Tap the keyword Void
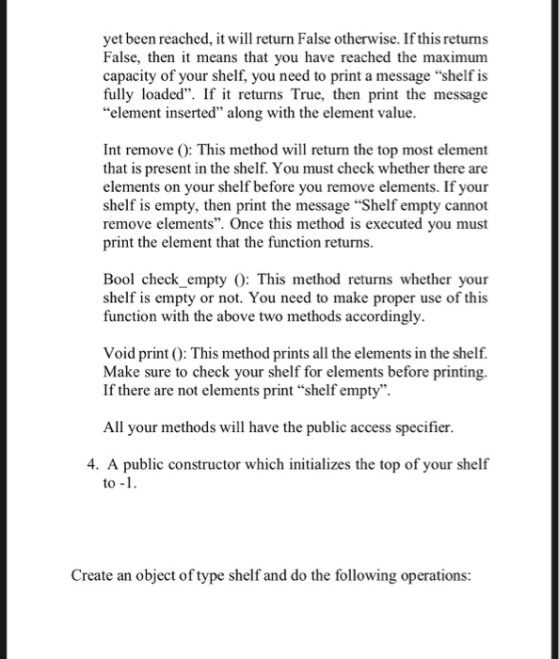pyautogui.click(x=120, y=352)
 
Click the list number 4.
pyautogui.click(x=91, y=466)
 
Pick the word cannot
pyautogui.click(x=468, y=204)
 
